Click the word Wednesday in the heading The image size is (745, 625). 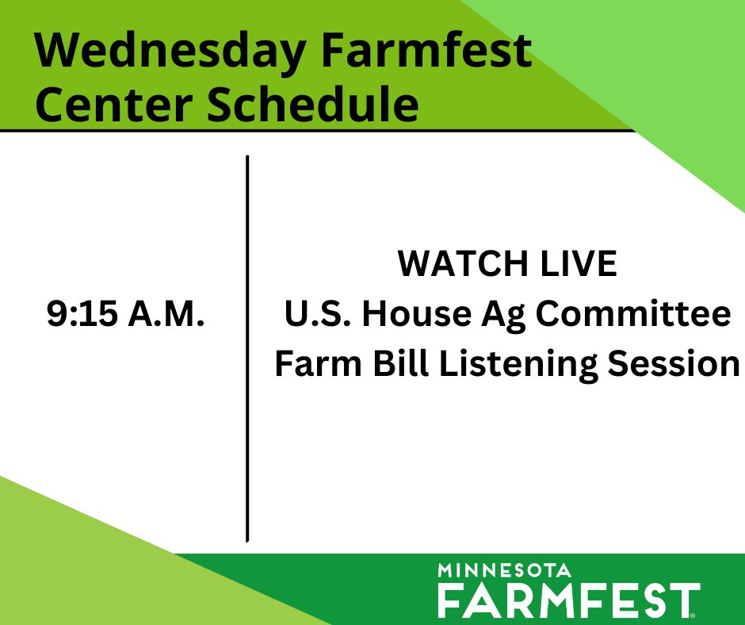click(168, 52)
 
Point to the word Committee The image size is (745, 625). click(632, 315)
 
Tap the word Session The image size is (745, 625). click(673, 364)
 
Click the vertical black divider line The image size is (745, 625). click(248, 349)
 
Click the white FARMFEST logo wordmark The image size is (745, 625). click(568, 600)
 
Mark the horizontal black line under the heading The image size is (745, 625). click(317, 130)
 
